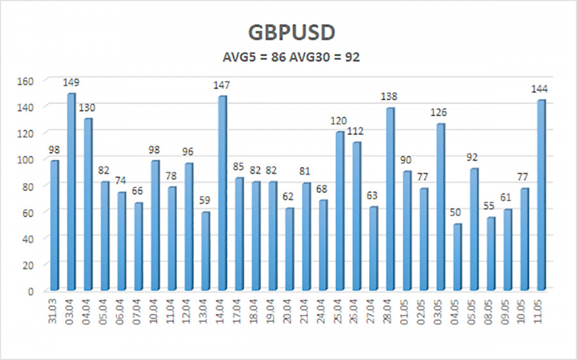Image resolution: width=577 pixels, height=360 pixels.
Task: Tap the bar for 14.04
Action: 222,192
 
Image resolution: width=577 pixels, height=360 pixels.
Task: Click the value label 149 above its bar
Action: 71,83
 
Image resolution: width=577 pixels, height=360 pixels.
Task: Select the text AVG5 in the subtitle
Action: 233,57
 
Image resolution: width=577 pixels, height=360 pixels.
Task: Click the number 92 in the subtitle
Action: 352,57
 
